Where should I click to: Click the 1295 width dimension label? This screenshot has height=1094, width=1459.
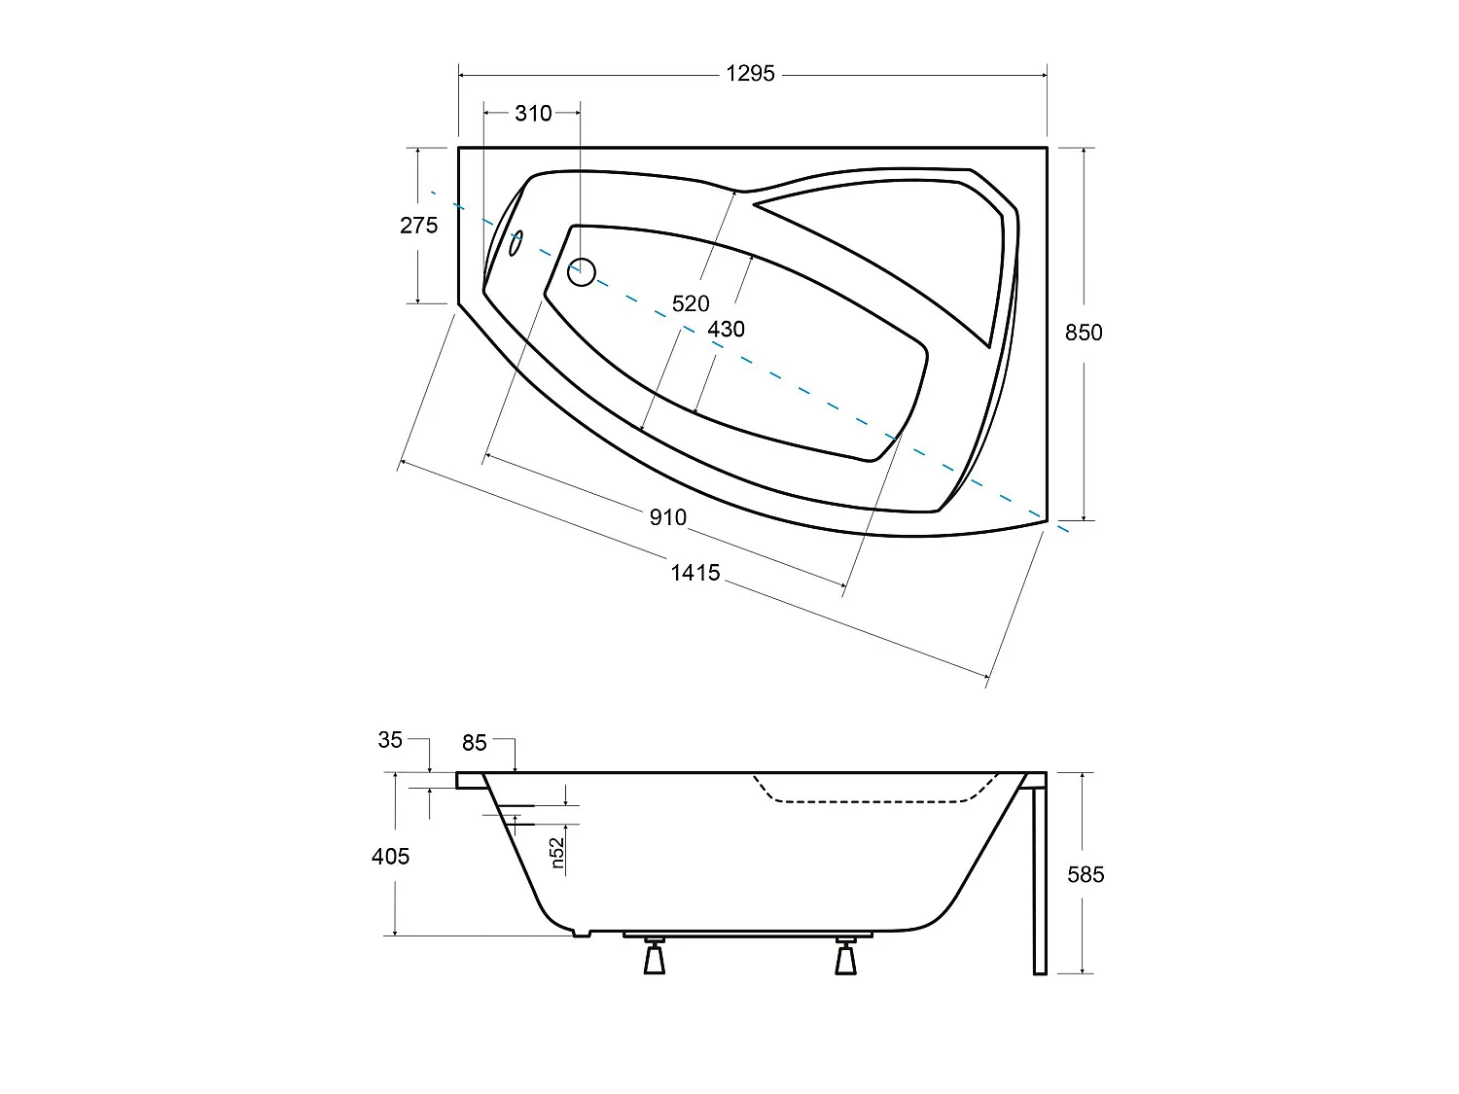(x=750, y=74)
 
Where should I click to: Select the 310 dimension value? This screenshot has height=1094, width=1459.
(x=533, y=114)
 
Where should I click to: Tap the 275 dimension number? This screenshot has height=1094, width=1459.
(x=418, y=226)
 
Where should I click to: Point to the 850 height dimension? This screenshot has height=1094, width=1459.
(x=1084, y=333)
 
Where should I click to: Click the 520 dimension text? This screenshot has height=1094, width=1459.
(x=691, y=304)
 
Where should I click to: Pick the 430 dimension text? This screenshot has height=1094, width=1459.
(x=726, y=330)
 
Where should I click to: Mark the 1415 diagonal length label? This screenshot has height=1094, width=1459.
(x=695, y=573)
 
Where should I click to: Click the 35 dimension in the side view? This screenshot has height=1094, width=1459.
(x=390, y=740)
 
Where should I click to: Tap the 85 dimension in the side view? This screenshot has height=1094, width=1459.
(x=474, y=743)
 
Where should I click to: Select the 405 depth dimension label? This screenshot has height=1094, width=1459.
(x=390, y=857)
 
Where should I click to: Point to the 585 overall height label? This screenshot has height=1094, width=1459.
(x=1085, y=875)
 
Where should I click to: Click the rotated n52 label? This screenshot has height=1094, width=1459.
(x=557, y=852)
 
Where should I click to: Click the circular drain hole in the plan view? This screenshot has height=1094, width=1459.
(x=581, y=272)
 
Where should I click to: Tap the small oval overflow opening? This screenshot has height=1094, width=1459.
(x=516, y=243)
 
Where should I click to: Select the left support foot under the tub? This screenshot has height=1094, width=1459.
(x=654, y=957)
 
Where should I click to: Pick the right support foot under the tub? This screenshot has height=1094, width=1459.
(x=845, y=957)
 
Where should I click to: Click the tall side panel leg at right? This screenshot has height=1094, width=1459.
(x=1039, y=875)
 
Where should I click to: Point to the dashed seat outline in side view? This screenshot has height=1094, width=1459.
(x=866, y=800)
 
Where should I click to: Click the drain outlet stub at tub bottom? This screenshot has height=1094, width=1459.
(x=581, y=934)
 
